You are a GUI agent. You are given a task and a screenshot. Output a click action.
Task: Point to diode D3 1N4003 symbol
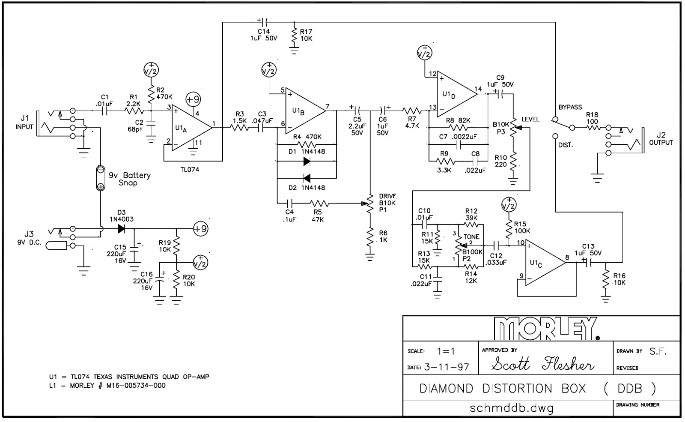[121, 229]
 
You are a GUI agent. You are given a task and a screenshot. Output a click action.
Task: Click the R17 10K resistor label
[306, 35]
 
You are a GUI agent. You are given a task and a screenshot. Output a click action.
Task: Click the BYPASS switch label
[570, 107]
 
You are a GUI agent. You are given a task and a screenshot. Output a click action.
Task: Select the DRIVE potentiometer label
[387, 196]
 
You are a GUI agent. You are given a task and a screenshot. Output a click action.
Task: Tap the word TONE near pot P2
[471, 236]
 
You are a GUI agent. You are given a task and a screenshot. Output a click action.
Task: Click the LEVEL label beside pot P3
[530, 120]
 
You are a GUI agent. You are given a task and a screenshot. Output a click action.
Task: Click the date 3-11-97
[446, 367]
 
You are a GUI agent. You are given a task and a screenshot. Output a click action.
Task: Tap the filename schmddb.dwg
[511, 407]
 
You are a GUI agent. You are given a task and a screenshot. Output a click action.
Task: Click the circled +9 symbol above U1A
[193, 99]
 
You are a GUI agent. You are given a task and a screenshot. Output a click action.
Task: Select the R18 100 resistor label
[592, 118]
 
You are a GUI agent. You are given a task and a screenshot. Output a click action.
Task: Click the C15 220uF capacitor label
[120, 254]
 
